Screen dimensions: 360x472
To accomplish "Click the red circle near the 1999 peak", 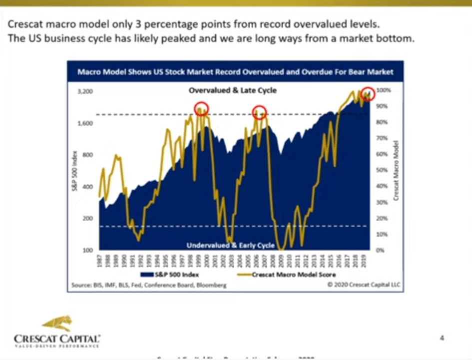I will [x=201, y=109].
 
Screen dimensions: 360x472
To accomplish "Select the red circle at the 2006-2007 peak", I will [x=259, y=112].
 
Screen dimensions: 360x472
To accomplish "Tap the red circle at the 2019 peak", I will [x=368, y=93].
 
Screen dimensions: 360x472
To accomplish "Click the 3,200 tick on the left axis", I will [x=85, y=92].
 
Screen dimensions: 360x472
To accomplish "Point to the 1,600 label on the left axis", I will [x=85, y=123].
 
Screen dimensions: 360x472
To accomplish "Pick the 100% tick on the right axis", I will [x=383, y=90].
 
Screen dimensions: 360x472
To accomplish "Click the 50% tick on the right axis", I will [x=382, y=170].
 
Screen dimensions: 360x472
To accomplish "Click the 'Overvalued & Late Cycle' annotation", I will [x=232, y=90].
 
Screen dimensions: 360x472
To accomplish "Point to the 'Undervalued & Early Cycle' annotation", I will [x=230, y=246].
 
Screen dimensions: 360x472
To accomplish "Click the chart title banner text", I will [x=235, y=72].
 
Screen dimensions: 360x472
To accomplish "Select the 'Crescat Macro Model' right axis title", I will [x=396, y=170].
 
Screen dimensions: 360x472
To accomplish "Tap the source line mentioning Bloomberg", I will [x=147, y=285].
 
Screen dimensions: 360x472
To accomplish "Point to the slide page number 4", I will [x=442, y=338].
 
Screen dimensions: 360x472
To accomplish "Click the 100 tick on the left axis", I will [x=88, y=250].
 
